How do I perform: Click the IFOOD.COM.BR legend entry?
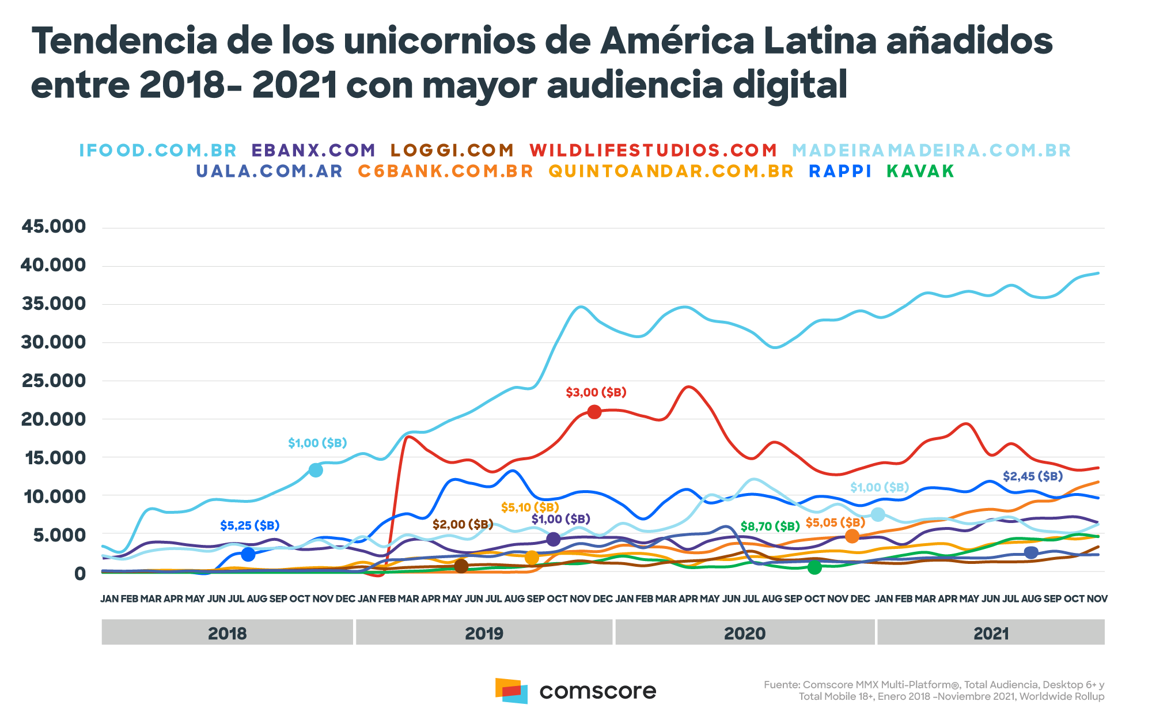[x=158, y=150]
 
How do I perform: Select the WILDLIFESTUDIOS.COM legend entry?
[x=653, y=150]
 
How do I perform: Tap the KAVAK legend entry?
[x=920, y=171]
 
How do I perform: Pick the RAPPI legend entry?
[x=840, y=171]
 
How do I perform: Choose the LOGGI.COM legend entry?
[x=452, y=150]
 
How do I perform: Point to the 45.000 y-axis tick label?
[x=54, y=226]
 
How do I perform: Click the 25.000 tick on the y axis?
[x=54, y=381]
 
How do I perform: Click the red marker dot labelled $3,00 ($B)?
[x=594, y=412]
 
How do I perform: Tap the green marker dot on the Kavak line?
[x=814, y=567]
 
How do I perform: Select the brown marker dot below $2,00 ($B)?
[x=461, y=566]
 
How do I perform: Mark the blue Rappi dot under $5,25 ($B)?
[x=248, y=554]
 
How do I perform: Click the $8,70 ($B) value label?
[x=770, y=526]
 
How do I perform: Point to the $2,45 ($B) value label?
[x=1032, y=476]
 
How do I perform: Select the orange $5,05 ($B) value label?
[x=835, y=522]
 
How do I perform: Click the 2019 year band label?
[x=484, y=634]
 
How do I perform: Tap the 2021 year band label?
[x=991, y=634]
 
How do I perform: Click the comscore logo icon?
[x=511, y=690]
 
